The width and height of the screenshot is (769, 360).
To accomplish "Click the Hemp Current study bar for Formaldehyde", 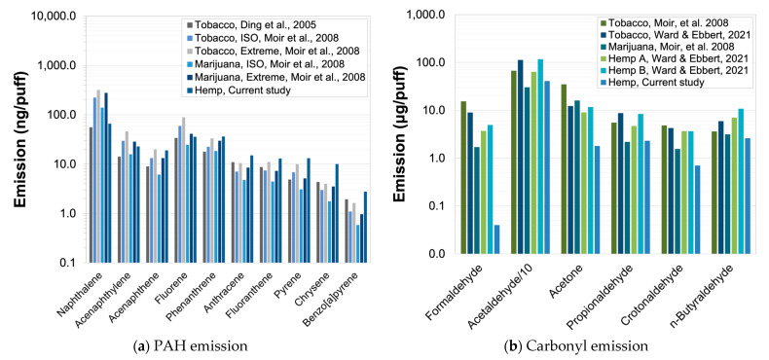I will [497, 239].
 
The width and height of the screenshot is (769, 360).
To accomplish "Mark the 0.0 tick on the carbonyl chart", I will [437, 254].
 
